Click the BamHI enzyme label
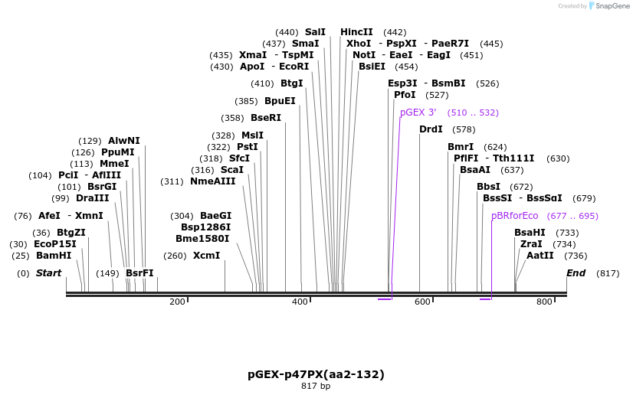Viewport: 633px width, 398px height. click(53, 256)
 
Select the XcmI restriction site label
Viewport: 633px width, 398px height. click(206, 256)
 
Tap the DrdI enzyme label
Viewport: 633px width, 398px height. click(431, 129)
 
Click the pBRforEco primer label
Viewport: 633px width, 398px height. click(514, 216)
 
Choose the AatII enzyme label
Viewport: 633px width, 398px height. click(540, 256)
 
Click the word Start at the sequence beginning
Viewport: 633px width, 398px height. click(48, 273)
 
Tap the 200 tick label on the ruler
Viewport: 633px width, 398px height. click(177, 302)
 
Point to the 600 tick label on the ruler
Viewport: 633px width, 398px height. click(422, 302)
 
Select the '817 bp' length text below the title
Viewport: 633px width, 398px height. click(316, 387)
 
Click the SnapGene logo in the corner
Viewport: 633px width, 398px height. click(610, 6)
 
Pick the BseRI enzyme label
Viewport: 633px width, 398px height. click(266, 118)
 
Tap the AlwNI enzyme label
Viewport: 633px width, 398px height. click(124, 141)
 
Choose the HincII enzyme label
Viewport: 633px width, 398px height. click(356, 32)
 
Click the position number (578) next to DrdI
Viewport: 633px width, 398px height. click(464, 129)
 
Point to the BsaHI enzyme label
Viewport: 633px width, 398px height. click(530, 233)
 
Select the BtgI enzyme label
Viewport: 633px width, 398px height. click(291, 83)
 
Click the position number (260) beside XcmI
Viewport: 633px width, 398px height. click(175, 256)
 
